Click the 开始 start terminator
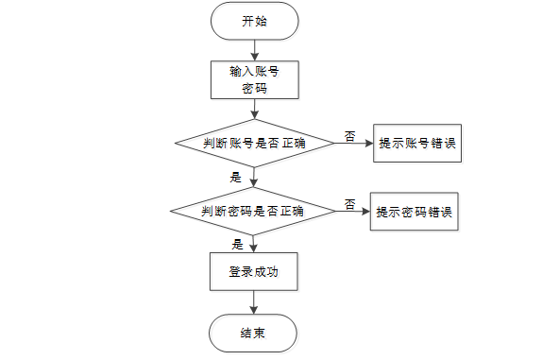255,21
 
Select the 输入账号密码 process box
255,80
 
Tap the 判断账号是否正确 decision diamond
255,143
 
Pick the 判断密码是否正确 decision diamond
253,212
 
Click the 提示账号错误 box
417,143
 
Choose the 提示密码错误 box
414,212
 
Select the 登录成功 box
253,271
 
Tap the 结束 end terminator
253,334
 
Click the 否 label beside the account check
349,136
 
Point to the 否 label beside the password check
349,204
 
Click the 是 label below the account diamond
236,177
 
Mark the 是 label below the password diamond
237,245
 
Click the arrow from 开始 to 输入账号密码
255,50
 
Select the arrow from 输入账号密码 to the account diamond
255,110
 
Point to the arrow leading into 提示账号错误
354,143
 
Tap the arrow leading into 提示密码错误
352,212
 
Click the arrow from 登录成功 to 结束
253,302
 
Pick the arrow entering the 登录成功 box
253,244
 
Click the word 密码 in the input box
255,88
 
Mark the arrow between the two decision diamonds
254,178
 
